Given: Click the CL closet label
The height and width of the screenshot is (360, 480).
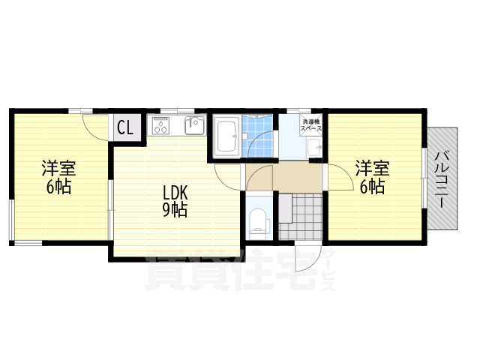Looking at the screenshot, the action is (125, 127).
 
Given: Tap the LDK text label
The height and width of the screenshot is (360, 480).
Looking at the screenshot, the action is (175, 193).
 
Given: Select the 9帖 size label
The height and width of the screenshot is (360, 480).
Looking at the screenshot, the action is (175, 210).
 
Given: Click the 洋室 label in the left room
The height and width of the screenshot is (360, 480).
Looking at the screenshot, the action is (58, 168).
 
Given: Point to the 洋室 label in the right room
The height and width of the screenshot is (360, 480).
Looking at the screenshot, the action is (372, 168).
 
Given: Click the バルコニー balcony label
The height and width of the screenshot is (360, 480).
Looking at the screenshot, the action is (442, 179).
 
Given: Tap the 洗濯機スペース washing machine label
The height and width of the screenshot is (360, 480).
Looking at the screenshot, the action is (310, 125).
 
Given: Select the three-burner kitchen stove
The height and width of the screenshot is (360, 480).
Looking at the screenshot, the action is (160, 125).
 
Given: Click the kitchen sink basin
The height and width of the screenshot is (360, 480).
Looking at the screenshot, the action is (194, 125).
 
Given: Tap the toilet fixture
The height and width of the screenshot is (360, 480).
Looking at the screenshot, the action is (258, 221).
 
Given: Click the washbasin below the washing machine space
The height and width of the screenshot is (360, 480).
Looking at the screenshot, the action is (314, 148).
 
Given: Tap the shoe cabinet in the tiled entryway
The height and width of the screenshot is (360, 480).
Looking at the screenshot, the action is (285, 208).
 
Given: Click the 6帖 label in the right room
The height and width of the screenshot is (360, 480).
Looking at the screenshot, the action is (372, 186).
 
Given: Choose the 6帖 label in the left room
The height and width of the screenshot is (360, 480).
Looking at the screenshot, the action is (58, 186).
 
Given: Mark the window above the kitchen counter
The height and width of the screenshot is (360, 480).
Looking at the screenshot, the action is (178, 110).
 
